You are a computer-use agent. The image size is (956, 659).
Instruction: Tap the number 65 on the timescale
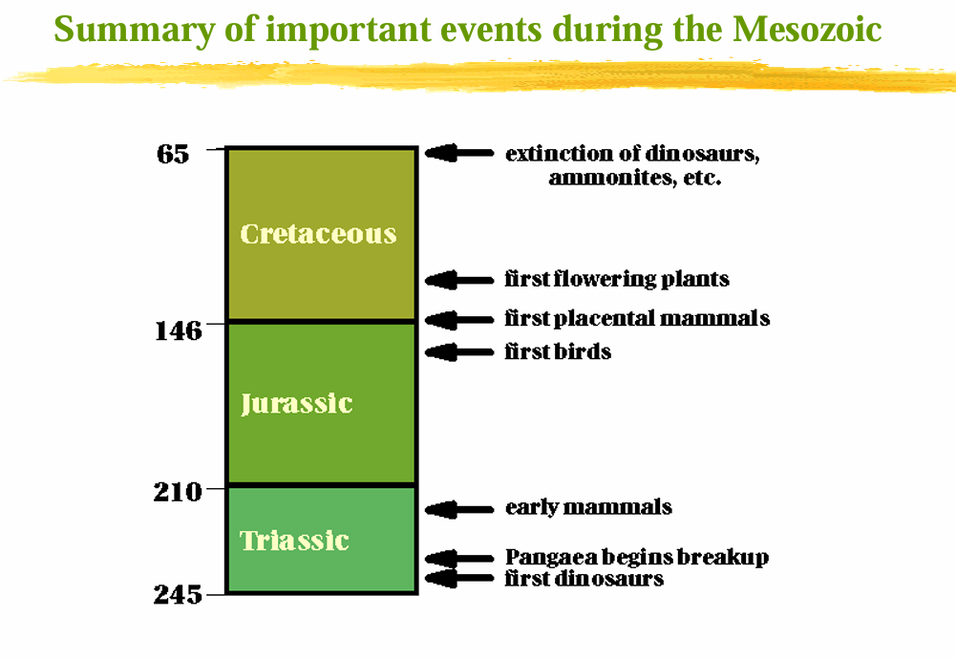pyautogui.click(x=173, y=154)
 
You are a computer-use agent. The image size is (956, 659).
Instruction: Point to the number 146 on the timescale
pyautogui.click(x=179, y=330)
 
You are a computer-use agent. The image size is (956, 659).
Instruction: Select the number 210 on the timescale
pyautogui.click(x=179, y=493)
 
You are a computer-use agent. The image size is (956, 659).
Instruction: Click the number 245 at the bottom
pyautogui.click(x=179, y=595)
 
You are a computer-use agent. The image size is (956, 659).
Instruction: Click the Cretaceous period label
pyautogui.click(x=318, y=234)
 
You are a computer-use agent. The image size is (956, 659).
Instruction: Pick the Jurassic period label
pyautogui.click(x=296, y=403)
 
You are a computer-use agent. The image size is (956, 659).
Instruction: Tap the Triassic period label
pyautogui.click(x=294, y=541)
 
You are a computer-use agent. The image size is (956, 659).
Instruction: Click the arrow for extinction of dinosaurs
pyautogui.click(x=458, y=153)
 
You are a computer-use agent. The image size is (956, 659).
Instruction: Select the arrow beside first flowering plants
pyautogui.click(x=458, y=280)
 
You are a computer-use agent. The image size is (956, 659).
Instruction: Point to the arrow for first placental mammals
pyautogui.click(x=458, y=319)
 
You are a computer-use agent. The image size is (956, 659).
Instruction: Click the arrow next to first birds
pyautogui.click(x=458, y=352)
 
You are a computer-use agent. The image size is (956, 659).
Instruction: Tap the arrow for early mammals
pyautogui.click(x=458, y=510)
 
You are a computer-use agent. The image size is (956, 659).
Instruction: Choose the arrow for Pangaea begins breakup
pyautogui.click(x=458, y=559)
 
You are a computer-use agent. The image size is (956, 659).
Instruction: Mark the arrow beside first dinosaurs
pyautogui.click(x=458, y=578)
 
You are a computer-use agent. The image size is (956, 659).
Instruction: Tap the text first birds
pyautogui.click(x=558, y=351)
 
